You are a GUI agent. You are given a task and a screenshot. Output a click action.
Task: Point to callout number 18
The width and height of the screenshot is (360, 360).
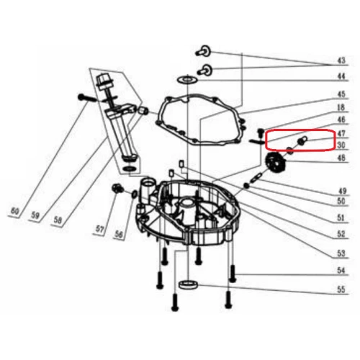pos(341,107)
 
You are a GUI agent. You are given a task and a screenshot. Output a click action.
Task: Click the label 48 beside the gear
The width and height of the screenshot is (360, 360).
pos(341,158)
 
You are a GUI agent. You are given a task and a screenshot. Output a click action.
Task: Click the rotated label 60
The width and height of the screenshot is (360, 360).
pos(14,211)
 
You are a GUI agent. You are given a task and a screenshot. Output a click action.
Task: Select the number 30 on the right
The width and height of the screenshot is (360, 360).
pos(341,144)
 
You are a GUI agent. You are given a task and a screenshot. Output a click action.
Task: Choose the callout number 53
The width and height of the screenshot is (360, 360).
pos(341,253)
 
